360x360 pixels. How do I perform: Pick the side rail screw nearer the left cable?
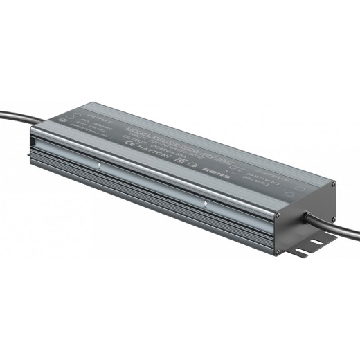click(x=100, y=165)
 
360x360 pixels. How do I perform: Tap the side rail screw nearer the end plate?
click(x=204, y=204)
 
